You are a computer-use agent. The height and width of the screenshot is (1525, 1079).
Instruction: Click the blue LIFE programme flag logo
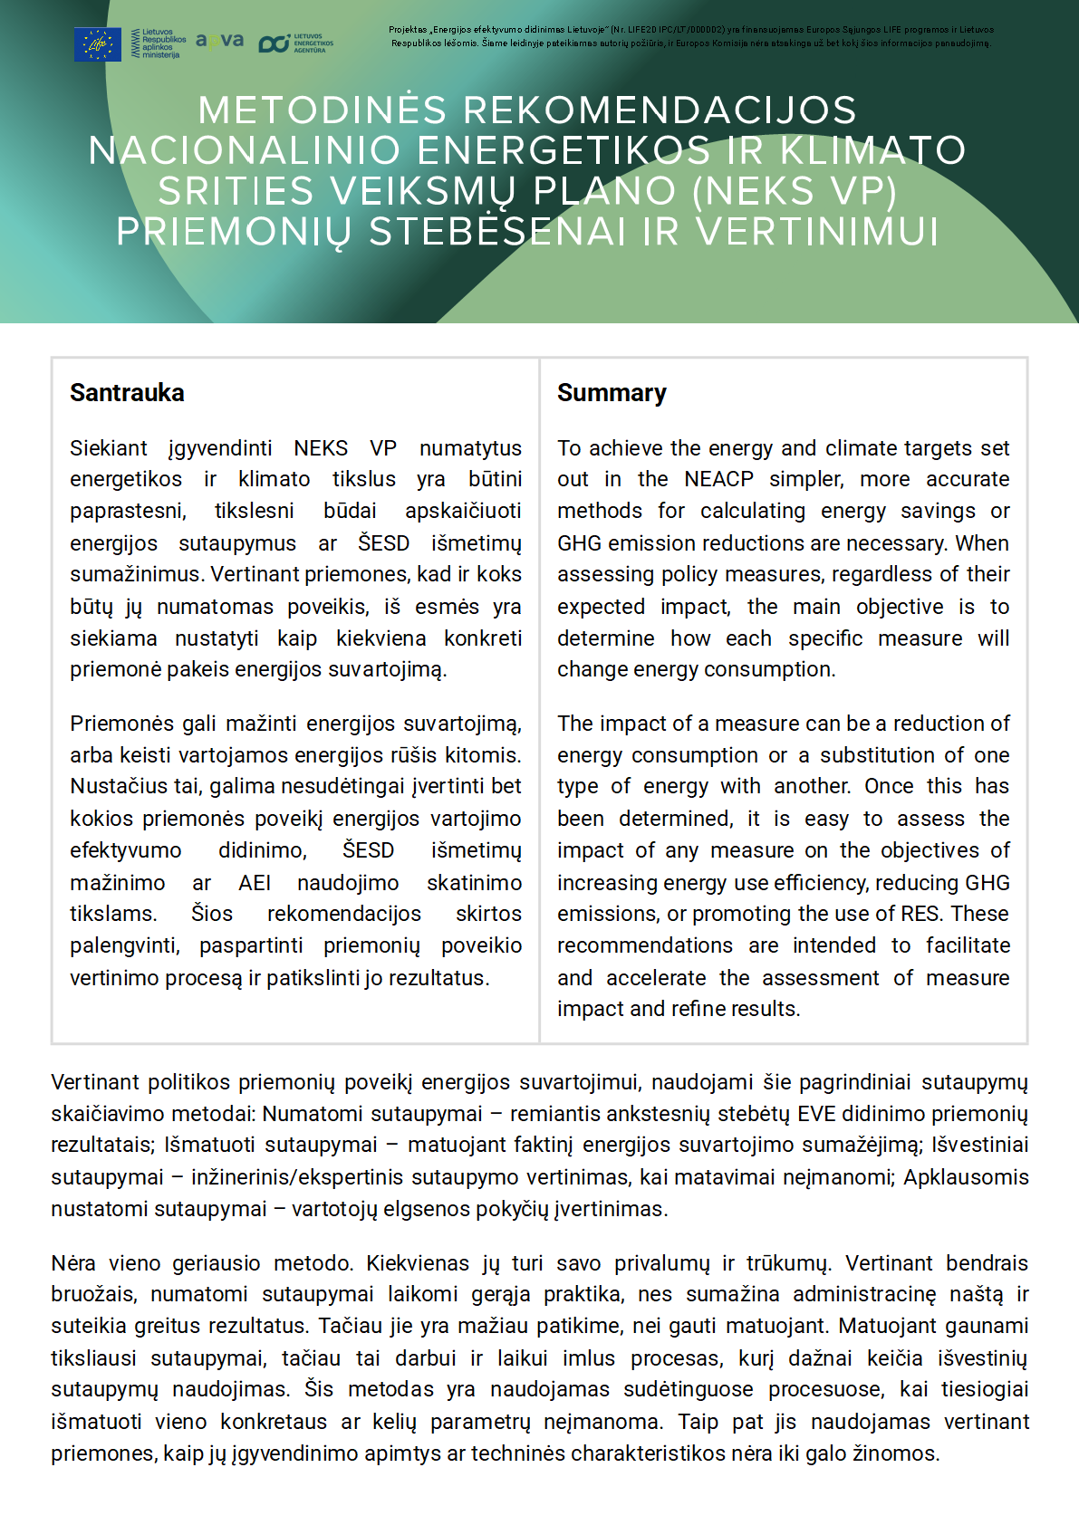pyautogui.click(x=97, y=43)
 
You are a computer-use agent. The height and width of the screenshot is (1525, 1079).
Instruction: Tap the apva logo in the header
pyautogui.click(x=219, y=41)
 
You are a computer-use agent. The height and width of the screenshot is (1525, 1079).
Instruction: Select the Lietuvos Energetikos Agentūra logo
pyautogui.click(x=296, y=43)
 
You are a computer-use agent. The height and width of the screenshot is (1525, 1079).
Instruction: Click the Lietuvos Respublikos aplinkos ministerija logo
pyautogui.click(x=159, y=43)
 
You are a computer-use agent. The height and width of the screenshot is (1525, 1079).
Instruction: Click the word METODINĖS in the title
pyautogui.click(x=323, y=110)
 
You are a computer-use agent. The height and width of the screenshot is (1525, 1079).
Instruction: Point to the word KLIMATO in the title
pyautogui.click(x=871, y=150)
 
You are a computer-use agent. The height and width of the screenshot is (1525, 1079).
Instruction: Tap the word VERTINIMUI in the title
pyautogui.click(x=816, y=232)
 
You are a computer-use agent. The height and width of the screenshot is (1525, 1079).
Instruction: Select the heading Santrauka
pyautogui.click(x=127, y=393)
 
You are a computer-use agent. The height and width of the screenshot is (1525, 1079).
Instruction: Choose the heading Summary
pyautogui.click(x=612, y=393)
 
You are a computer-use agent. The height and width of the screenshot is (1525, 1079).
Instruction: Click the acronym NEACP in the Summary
pyautogui.click(x=718, y=479)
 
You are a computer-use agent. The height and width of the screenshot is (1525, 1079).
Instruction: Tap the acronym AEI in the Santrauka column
pyautogui.click(x=255, y=882)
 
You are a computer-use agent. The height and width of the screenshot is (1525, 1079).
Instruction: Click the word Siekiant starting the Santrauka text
pyautogui.click(x=108, y=448)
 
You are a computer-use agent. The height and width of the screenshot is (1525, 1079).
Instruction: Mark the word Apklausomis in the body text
pyautogui.click(x=966, y=1177)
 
